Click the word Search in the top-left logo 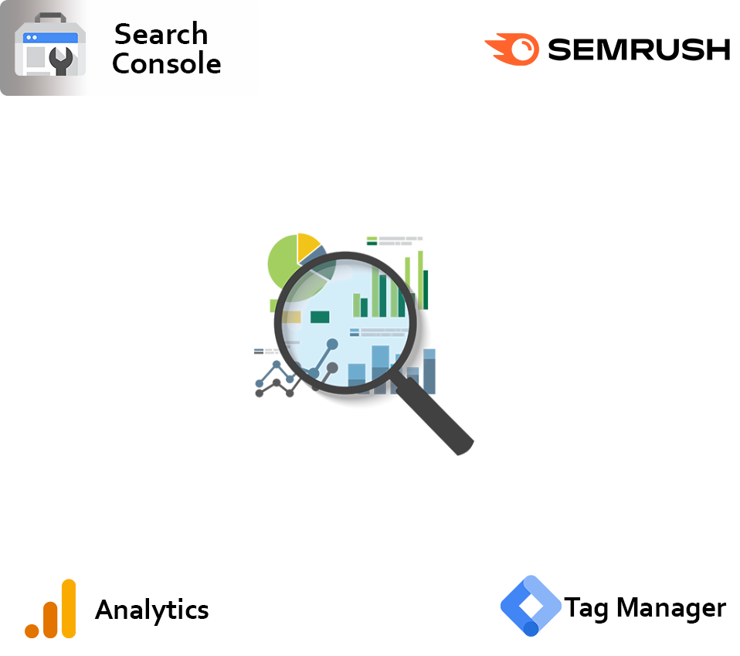click(x=161, y=35)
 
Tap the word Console click(x=166, y=64)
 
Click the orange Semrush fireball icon click(x=512, y=49)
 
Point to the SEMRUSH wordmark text click(x=638, y=49)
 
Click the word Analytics click(x=152, y=610)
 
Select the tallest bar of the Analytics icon click(x=69, y=608)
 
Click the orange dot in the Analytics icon click(x=32, y=630)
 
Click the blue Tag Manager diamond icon click(x=530, y=606)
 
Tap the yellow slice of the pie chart click(x=307, y=245)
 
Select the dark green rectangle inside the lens click(x=320, y=317)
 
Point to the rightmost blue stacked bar click(x=429, y=371)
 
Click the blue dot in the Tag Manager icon click(x=531, y=627)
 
